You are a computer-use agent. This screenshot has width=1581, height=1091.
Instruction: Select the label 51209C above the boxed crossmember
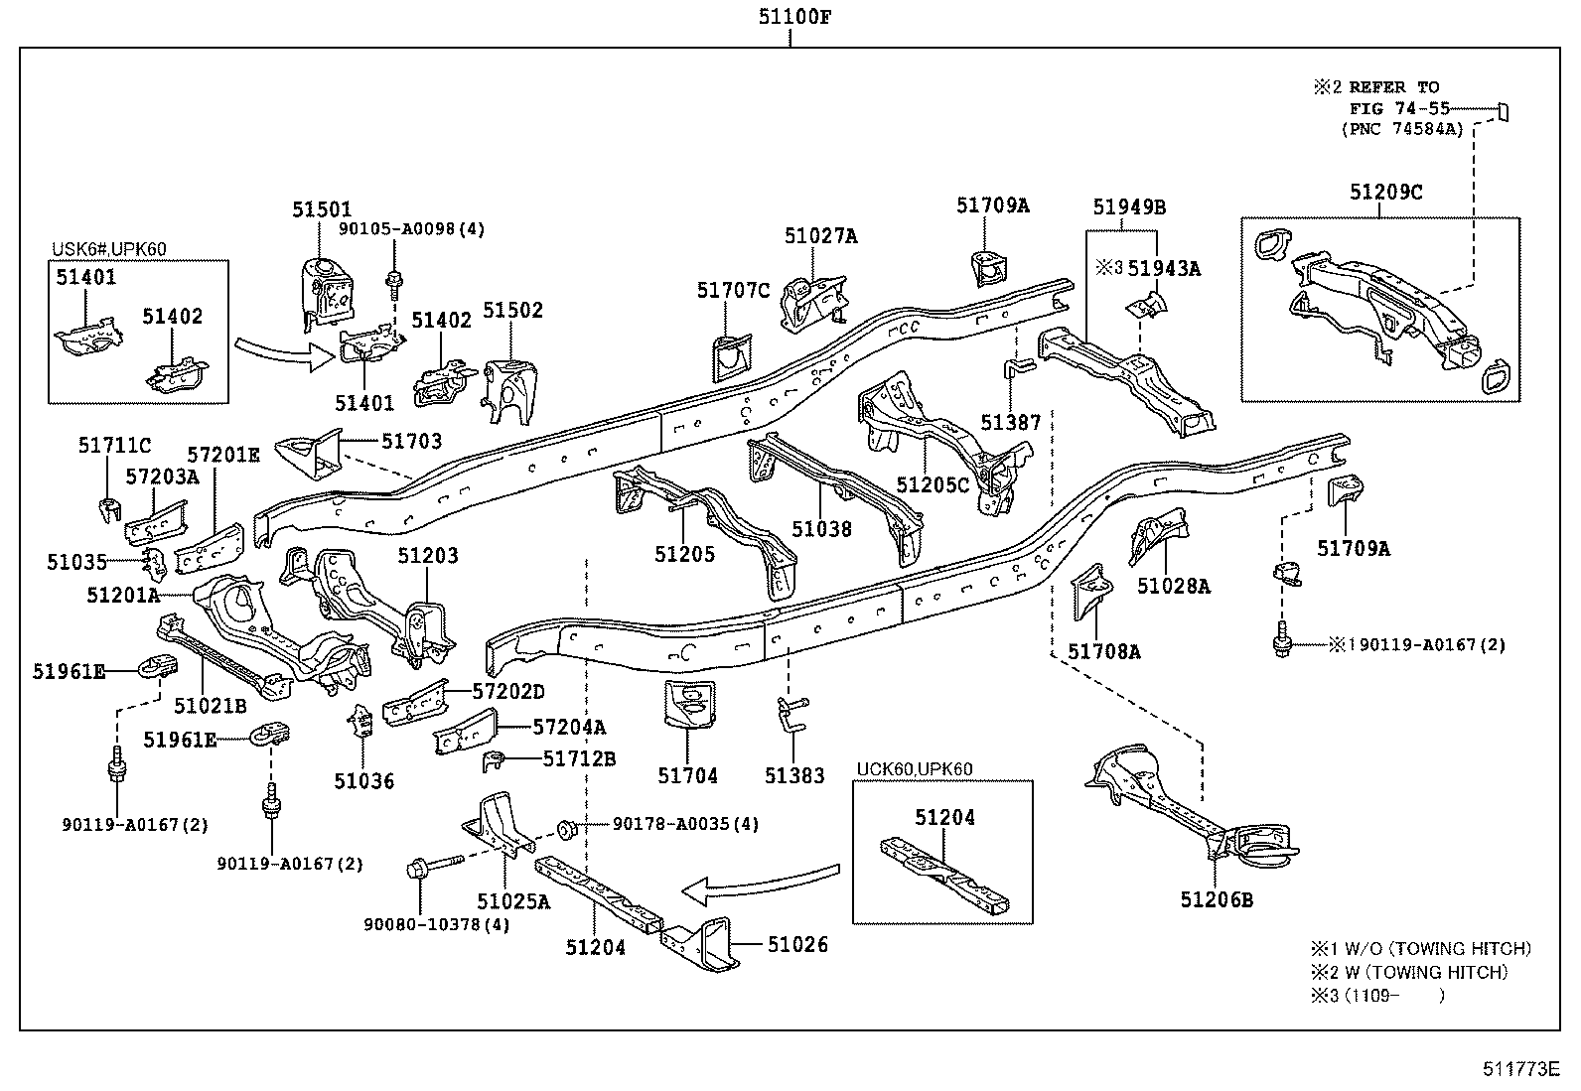coord(1385,193)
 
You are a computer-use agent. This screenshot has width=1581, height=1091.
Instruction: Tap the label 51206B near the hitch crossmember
coord(1217,899)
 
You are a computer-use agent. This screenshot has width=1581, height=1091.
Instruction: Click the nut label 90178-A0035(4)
coord(685,824)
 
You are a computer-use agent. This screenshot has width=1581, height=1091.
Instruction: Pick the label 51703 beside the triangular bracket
coord(412,441)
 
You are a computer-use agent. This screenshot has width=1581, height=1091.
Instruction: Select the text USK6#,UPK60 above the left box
coord(109,248)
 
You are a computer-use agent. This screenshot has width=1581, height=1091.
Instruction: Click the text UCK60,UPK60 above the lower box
coord(915,768)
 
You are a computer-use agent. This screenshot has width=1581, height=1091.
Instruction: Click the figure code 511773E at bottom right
coord(1521,1069)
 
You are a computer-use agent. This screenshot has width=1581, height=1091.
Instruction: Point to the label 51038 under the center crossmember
coord(821,528)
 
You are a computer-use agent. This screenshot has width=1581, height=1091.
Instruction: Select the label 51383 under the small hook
coord(794,775)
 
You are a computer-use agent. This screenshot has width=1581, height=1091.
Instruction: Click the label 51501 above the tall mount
coord(322,210)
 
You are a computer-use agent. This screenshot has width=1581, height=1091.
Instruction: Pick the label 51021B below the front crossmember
coord(210,706)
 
